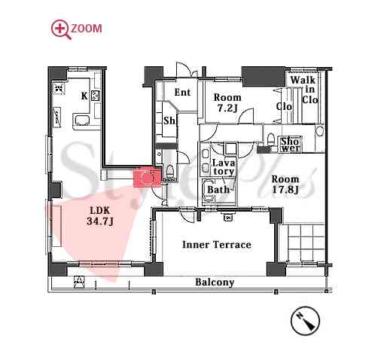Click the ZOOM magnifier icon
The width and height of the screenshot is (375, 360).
click(61, 29)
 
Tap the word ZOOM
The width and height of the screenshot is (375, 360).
click(87, 29)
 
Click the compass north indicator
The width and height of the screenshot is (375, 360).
click(305, 321)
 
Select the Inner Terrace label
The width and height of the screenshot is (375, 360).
click(217, 245)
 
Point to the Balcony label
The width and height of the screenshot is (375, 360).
click(215, 282)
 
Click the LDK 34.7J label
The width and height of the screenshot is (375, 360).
click(100, 216)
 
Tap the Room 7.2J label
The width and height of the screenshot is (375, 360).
click(227, 102)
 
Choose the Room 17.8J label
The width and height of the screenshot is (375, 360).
click(285, 185)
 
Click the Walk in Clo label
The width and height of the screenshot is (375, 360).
click(306, 90)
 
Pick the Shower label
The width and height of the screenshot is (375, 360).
click(290, 145)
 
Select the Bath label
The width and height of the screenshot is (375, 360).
click(218, 190)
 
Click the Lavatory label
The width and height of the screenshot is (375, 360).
click(224, 167)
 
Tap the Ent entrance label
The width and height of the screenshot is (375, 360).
click(182, 92)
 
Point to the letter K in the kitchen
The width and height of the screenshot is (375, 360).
click(84, 96)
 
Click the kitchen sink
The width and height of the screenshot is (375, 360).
click(81, 121)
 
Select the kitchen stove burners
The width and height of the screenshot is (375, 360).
click(96, 96)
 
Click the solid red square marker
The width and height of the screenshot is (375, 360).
click(147, 178)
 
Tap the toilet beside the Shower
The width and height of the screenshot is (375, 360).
click(270, 139)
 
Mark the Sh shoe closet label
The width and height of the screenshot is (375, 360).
click(169, 121)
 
